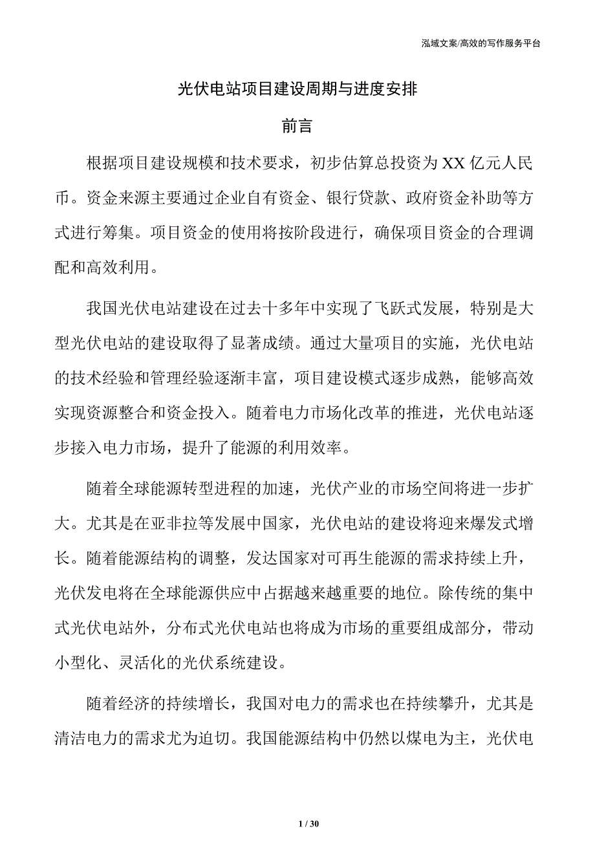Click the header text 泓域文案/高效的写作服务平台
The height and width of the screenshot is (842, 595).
click(x=481, y=43)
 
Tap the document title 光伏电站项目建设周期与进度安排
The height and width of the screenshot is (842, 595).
click(x=297, y=90)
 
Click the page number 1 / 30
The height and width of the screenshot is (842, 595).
click(x=310, y=825)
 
